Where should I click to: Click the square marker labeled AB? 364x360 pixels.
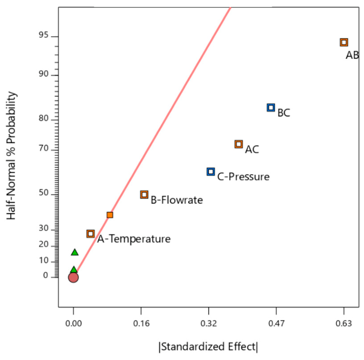[x=344, y=42]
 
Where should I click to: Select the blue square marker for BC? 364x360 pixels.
[x=271, y=108]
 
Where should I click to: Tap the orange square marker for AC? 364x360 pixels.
[x=239, y=144]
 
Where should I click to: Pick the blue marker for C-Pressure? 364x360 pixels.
[x=211, y=172]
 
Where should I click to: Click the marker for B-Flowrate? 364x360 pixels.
[x=144, y=194]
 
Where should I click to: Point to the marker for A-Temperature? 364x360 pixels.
[x=90, y=234]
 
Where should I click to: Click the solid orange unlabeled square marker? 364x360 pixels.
[x=110, y=215]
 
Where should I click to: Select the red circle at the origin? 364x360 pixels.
[x=73, y=277]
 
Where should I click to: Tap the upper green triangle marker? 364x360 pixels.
[x=75, y=252]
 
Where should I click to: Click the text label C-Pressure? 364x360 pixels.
[x=243, y=177]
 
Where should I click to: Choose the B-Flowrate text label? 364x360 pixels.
[x=177, y=200]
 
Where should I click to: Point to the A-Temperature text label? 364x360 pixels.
[x=134, y=239]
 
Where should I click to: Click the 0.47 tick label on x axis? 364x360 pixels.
[x=276, y=323]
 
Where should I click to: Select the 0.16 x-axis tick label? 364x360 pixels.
[x=141, y=323]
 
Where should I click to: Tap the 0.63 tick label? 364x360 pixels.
[x=343, y=323]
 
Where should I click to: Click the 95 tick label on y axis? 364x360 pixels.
[x=44, y=35]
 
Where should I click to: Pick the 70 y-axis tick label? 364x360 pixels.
[x=44, y=148]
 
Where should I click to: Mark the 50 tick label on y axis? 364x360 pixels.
[x=44, y=192]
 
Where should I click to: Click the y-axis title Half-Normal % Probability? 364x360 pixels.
[x=11, y=156]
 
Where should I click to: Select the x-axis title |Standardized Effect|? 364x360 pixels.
[x=208, y=347]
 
